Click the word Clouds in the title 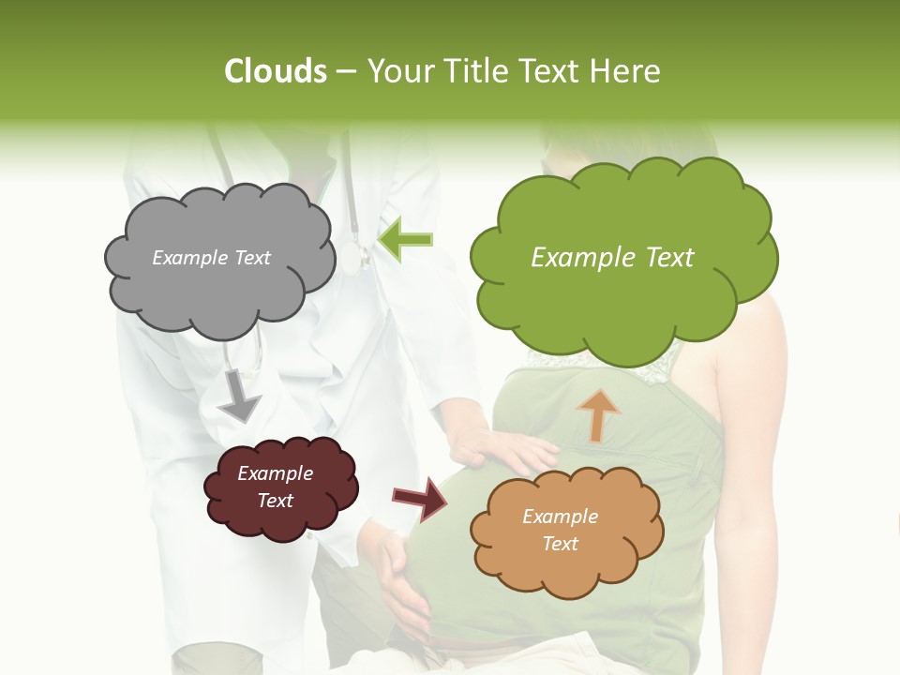[276, 71]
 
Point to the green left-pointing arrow [405, 240]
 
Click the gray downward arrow [239, 397]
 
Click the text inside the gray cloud [211, 258]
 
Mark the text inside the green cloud [612, 258]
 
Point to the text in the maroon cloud [276, 487]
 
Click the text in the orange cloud [560, 530]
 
